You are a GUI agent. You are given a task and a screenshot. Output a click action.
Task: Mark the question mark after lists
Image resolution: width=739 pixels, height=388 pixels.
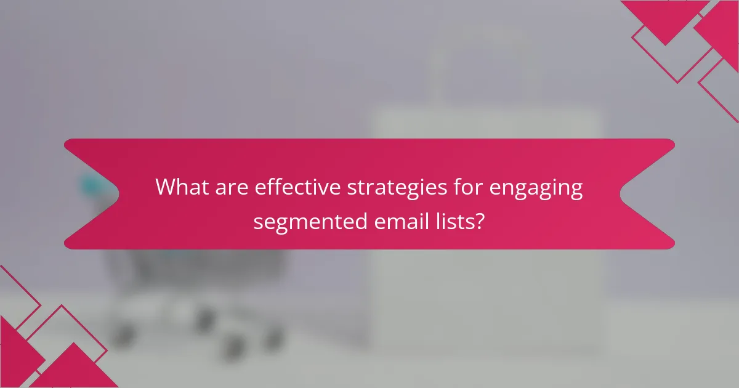(479, 220)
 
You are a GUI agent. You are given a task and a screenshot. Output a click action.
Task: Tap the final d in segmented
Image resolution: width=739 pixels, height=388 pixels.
(362, 220)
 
